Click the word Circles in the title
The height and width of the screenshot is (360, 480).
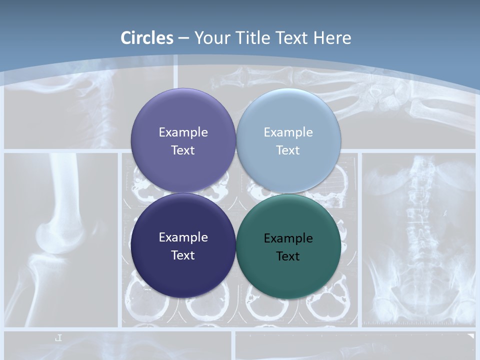tap(147, 38)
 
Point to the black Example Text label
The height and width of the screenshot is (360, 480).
tap(288, 247)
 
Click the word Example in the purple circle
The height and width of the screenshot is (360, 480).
tap(183, 132)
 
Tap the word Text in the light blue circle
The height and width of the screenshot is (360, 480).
tap(288, 150)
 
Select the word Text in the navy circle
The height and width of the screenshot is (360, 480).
tap(183, 255)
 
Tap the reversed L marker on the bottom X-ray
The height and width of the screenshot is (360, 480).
tap(58, 338)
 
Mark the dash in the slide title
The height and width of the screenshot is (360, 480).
tap(183, 38)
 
